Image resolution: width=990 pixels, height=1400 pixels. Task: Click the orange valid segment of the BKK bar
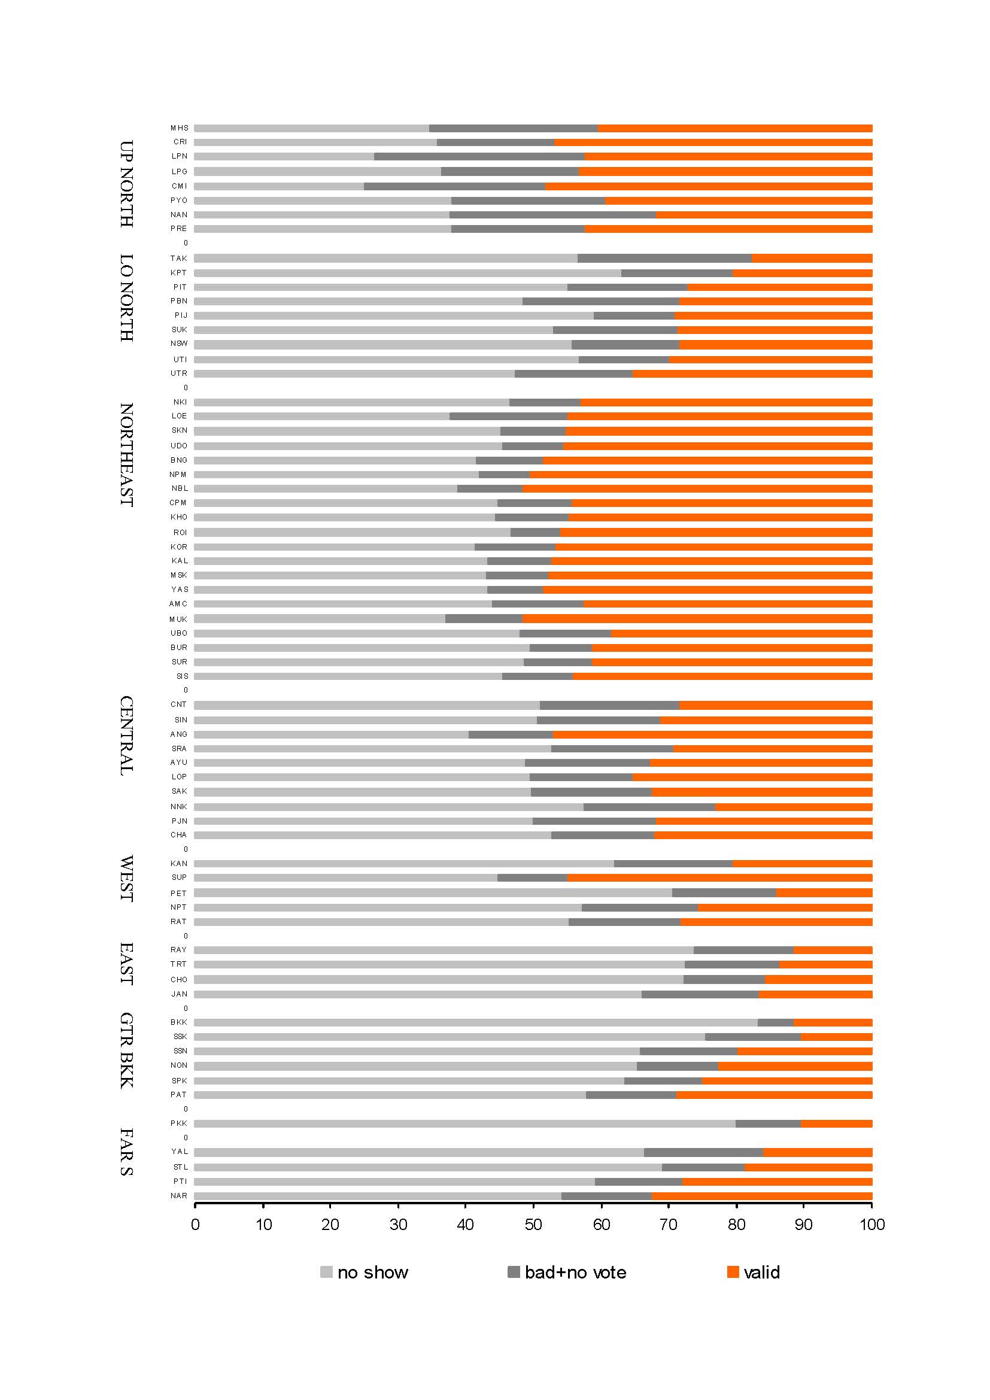[x=832, y=1022]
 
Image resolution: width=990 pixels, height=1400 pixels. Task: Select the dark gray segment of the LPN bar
[x=479, y=157]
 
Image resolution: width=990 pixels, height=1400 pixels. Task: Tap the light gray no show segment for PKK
[x=464, y=1124]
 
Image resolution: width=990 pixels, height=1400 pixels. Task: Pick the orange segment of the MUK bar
[x=697, y=619]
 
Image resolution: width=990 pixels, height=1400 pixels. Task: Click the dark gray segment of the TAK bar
[x=664, y=259]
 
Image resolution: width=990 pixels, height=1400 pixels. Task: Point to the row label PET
[x=178, y=893]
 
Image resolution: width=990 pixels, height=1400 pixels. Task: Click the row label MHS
[x=179, y=128]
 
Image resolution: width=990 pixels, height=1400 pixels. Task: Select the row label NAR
[x=179, y=1196]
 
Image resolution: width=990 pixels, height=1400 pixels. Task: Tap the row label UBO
[x=179, y=633]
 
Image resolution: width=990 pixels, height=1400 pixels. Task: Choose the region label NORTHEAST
[x=126, y=455]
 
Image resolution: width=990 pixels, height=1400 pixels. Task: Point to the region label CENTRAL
[x=126, y=736]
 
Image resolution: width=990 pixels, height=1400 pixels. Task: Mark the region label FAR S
[x=126, y=1152]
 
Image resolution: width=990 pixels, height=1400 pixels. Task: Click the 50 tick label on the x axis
[x=533, y=1225]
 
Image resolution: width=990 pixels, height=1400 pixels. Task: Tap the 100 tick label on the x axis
[x=871, y=1225]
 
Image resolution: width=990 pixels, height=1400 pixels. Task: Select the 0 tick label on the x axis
[x=195, y=1225]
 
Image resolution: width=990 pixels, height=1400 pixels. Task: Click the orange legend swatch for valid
[x=733, y=1272]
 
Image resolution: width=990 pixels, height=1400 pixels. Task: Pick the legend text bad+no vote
[x=575, y=1273]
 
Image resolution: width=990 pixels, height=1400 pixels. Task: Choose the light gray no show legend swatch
[x=326, y=1272]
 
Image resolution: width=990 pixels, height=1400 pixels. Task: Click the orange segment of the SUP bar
[x=719, y=878]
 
